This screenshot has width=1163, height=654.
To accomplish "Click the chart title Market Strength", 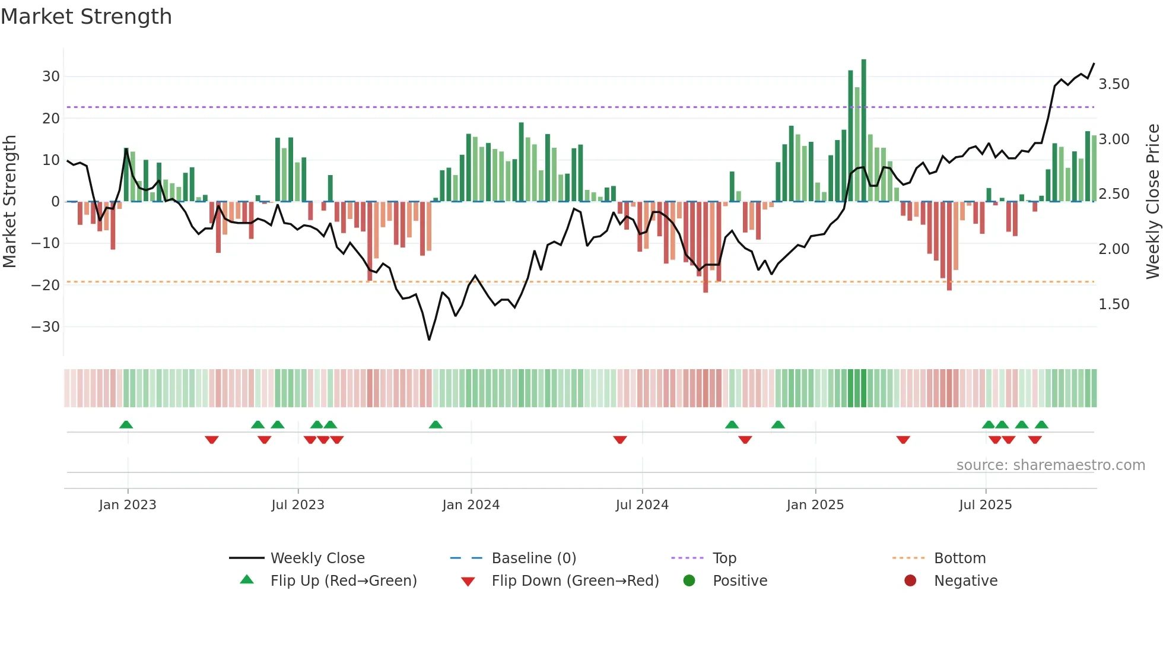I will pyautogui.click(x=86, y=17).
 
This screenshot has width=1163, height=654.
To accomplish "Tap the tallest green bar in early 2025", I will pyautogui.click(x=863, y=130).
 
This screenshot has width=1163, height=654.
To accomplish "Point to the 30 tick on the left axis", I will pyautogui.click(x=51, y=77).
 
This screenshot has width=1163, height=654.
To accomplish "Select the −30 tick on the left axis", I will pyautogui.click(x=46, y=327).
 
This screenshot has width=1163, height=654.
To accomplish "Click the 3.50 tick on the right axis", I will pyautogui.click(x=1114, y=84).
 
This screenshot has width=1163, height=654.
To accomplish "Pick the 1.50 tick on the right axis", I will pyautogui.click(x=1114, y=304).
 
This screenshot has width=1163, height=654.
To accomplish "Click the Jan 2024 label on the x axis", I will pyautogui.click(x=471, y=505).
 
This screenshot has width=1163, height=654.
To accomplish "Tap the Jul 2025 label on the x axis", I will pyautogui.click(x=985, y=505).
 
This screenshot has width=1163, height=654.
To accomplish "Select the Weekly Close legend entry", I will pyautogui.click(x=317, y=558).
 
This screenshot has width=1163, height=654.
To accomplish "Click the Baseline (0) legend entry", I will pyautogui.click(x=533, y=558).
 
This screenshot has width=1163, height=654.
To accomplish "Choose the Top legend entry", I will pyautogui.click(x=724, y=558).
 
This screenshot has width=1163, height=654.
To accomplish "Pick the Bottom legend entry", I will pyautogui.click(x=959, y=558).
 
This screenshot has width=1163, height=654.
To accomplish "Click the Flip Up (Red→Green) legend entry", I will pyautogui.click(x=343, y=581).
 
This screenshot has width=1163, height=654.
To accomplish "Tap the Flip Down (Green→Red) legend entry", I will pyautogui.click(x=574, y=581).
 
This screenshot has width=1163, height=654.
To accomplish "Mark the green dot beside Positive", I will pyautogui.click(x=689, y=581).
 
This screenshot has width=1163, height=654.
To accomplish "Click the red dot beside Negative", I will pyautogui.click(x=910, y=581).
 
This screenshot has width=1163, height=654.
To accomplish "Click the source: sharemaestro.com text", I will pyautogui.click(x=1050, y=465).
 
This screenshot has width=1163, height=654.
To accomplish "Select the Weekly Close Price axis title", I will pyautogui.click(x=1152, y=202).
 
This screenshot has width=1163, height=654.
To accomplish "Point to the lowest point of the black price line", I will pyautogui.click(x=429, y=339).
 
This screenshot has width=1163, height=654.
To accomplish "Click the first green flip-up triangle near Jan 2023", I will pyautogui.click(x=126, y=424).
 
